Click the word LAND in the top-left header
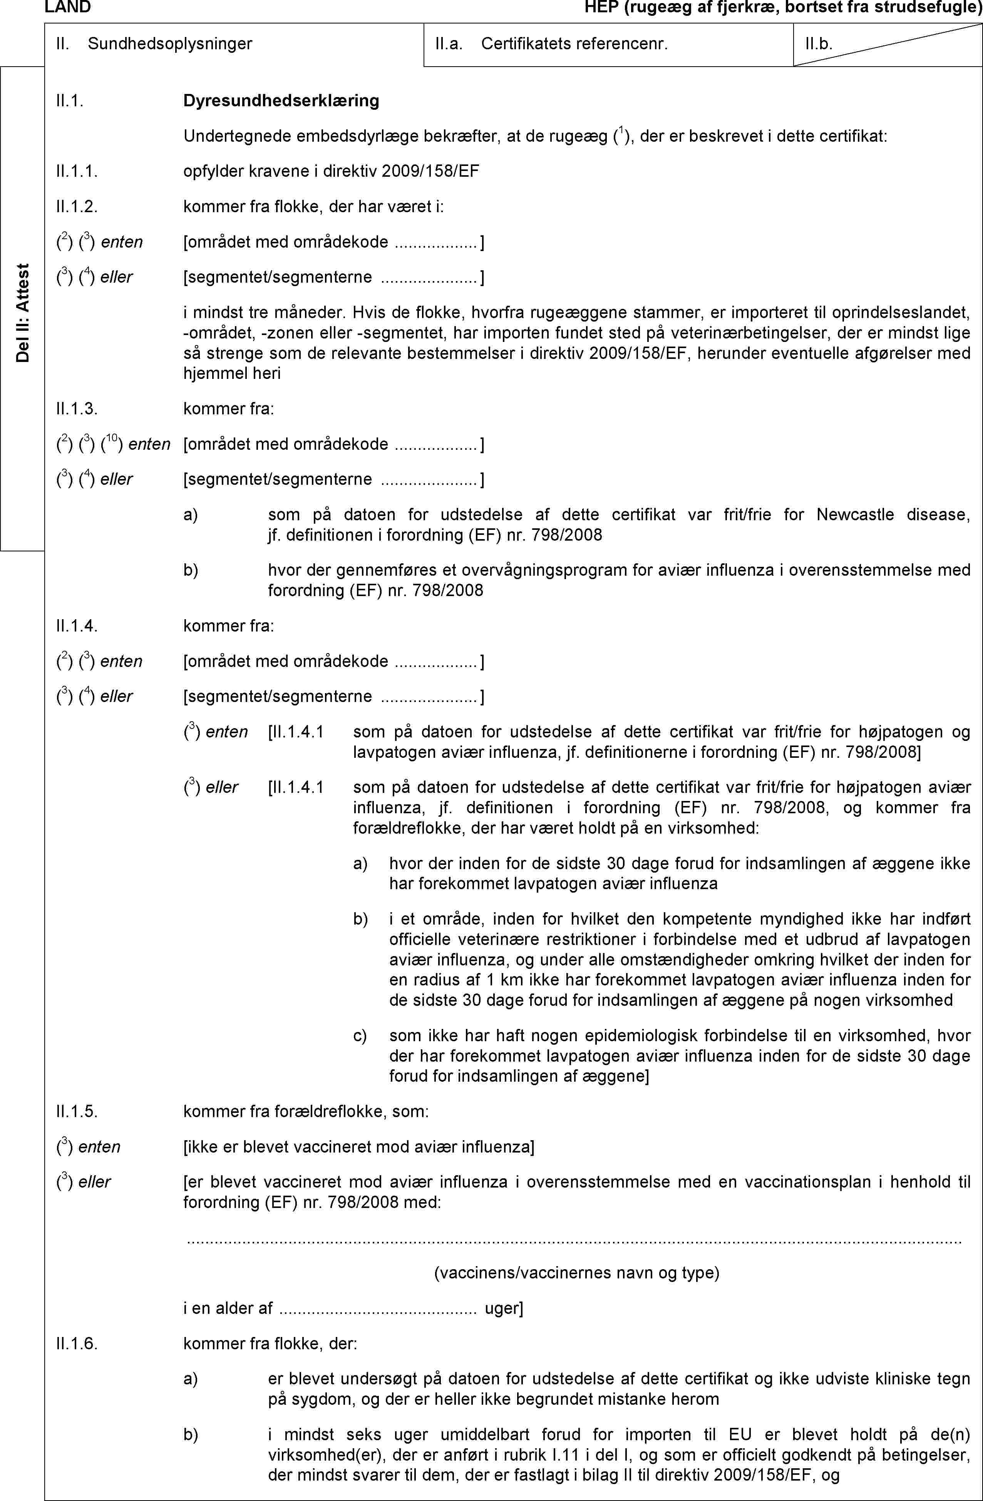click(67, 8)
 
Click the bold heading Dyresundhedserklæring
click(281, 101)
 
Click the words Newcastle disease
click(892, 514)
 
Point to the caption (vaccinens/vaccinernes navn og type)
click(577, 1273)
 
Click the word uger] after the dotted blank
click(503, 1308)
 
